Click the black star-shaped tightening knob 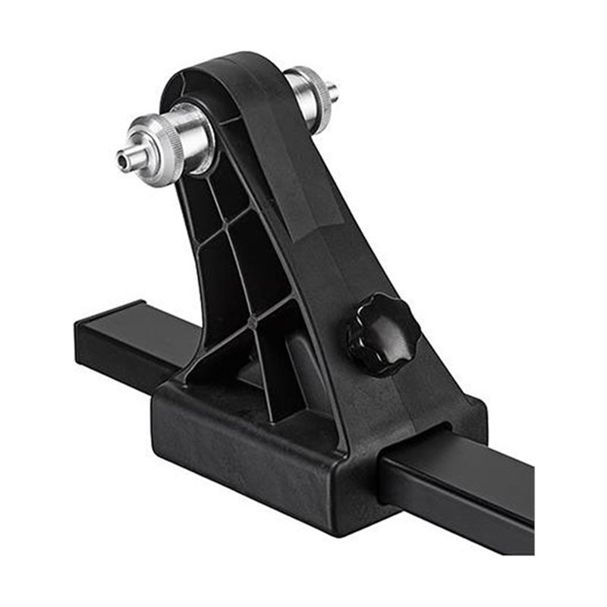[382, 334]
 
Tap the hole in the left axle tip [121, 160]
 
